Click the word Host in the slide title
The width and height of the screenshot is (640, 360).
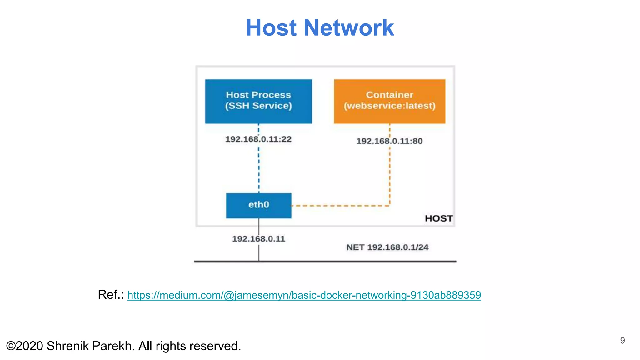(271, 28)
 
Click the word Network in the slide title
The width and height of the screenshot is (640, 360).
(348, 28)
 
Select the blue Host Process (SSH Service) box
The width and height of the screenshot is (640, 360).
(258, 101)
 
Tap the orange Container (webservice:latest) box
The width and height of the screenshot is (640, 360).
(389, 101)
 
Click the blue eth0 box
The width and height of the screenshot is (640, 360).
(258, 205)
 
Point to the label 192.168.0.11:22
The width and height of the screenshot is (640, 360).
(258, 139)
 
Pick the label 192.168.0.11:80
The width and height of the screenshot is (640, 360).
(389, 141)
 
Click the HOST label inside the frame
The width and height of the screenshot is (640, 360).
(438, 218)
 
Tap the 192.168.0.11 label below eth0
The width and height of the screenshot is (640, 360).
(258, 239)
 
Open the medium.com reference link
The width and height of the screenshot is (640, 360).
(304, 295)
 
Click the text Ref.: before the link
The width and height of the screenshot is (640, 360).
(111, 294)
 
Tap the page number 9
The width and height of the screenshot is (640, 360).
(622, 340)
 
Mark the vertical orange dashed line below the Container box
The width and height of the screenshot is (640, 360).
(390, 175)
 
